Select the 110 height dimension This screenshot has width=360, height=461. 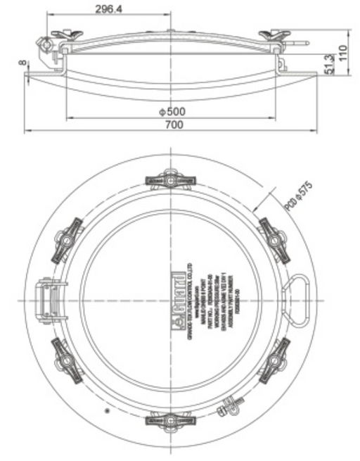click(344, 51)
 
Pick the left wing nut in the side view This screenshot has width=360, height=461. click(62, 37)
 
